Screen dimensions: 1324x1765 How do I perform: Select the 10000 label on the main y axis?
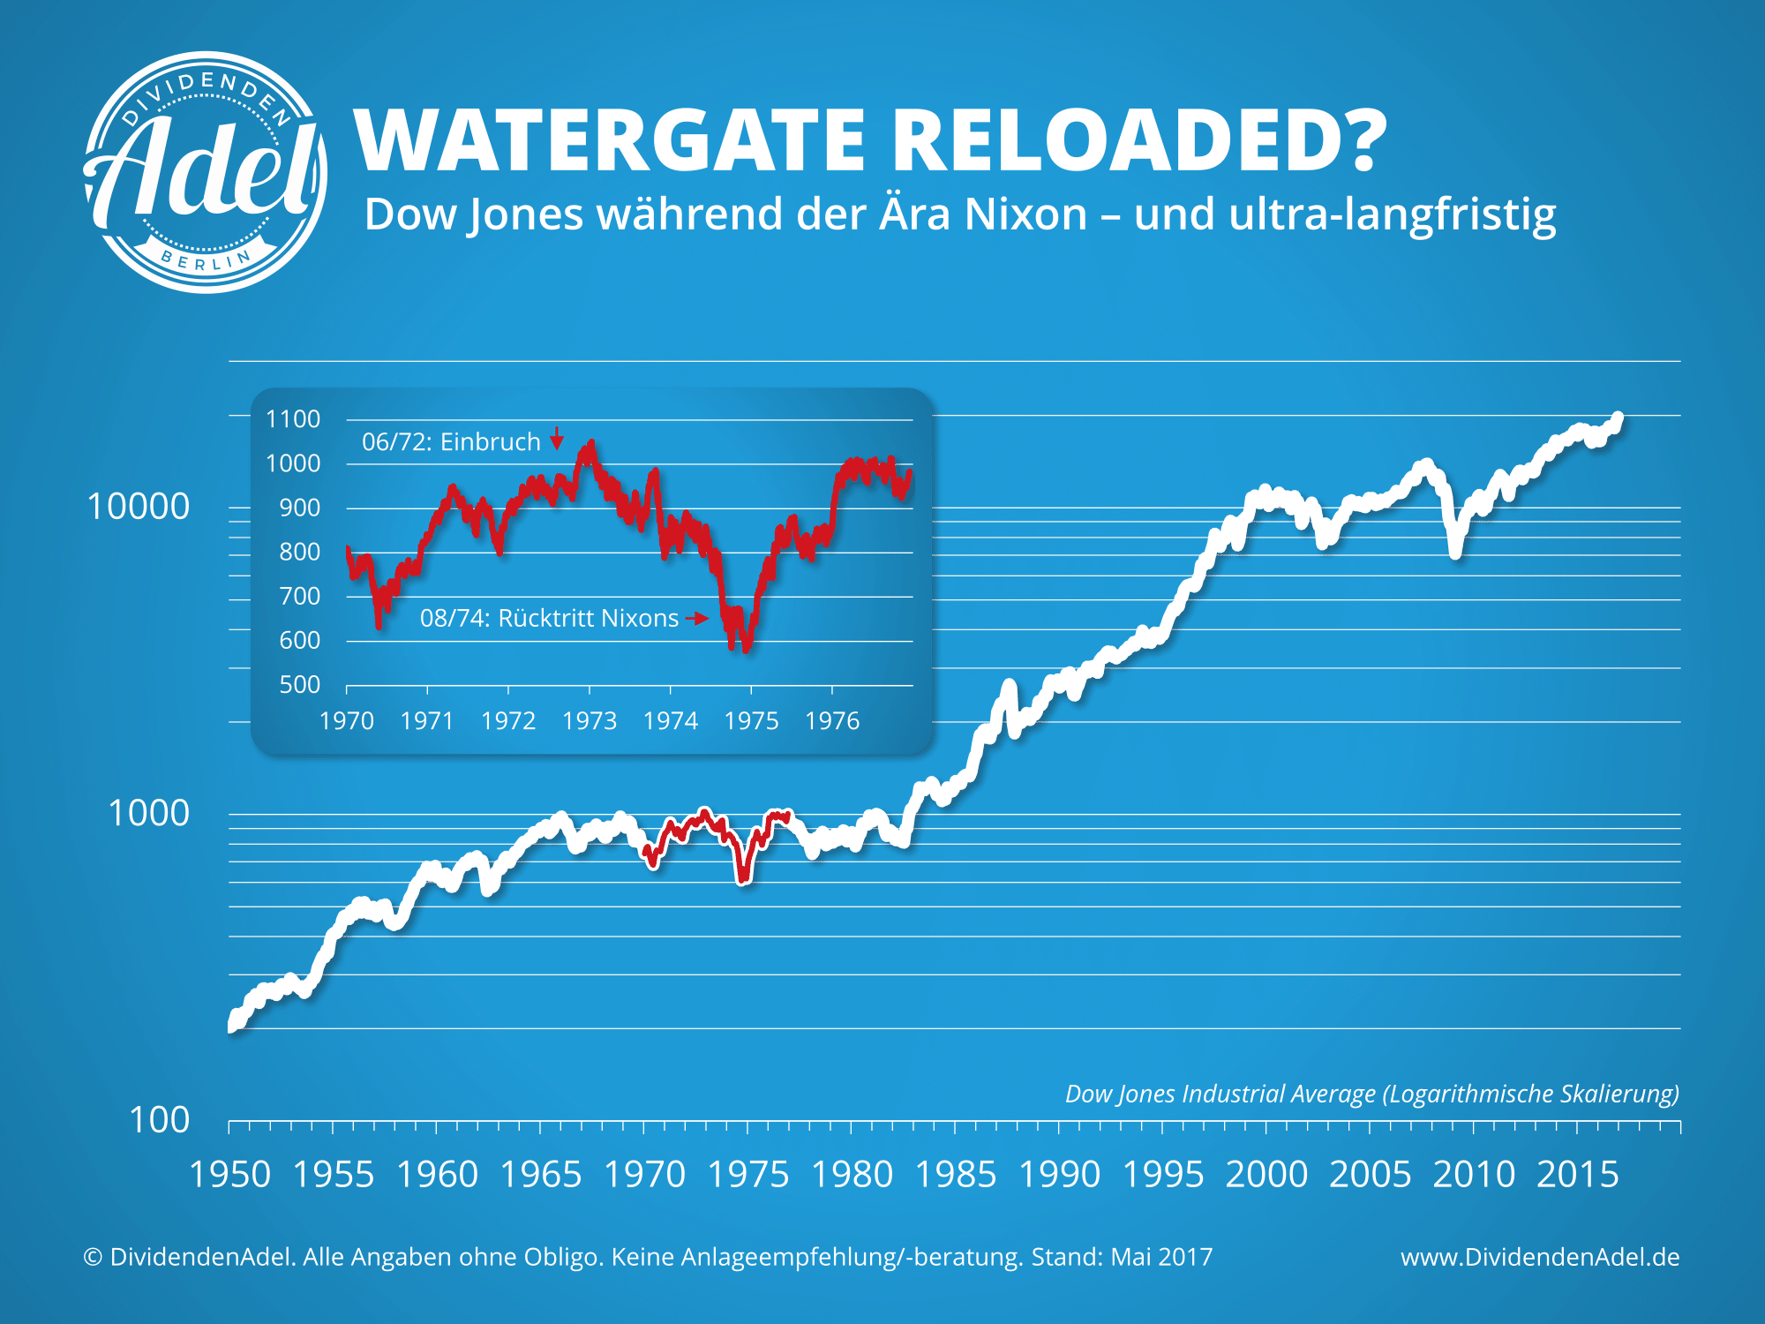139,508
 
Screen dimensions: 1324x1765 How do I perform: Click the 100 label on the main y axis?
159,1121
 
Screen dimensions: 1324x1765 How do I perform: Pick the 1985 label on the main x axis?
955,1175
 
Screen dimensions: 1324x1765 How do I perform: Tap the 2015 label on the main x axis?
1577,1175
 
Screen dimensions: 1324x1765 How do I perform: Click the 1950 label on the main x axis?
229,1175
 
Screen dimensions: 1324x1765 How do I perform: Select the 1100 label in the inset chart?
293,419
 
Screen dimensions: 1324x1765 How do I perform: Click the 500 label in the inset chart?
300,685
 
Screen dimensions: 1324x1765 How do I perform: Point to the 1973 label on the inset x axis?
590,721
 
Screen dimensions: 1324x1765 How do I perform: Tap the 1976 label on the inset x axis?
832,721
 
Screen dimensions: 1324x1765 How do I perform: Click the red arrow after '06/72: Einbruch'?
557,439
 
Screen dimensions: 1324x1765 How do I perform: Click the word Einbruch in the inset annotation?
490,441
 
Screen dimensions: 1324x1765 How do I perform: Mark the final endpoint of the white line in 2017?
1618,418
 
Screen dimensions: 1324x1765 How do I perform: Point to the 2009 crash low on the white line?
1455,553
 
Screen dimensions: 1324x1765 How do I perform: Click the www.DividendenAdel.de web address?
1540,1257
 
